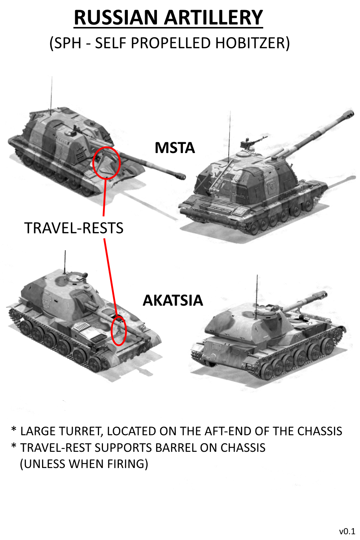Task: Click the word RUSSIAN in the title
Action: point(116,18)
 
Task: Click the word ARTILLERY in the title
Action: point(213,18)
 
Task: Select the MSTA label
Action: point(175,148)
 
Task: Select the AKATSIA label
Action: point(173,300)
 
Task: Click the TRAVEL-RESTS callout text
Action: point(74,228)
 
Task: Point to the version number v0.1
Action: point(347,531)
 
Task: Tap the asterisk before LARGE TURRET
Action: point(14,429)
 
